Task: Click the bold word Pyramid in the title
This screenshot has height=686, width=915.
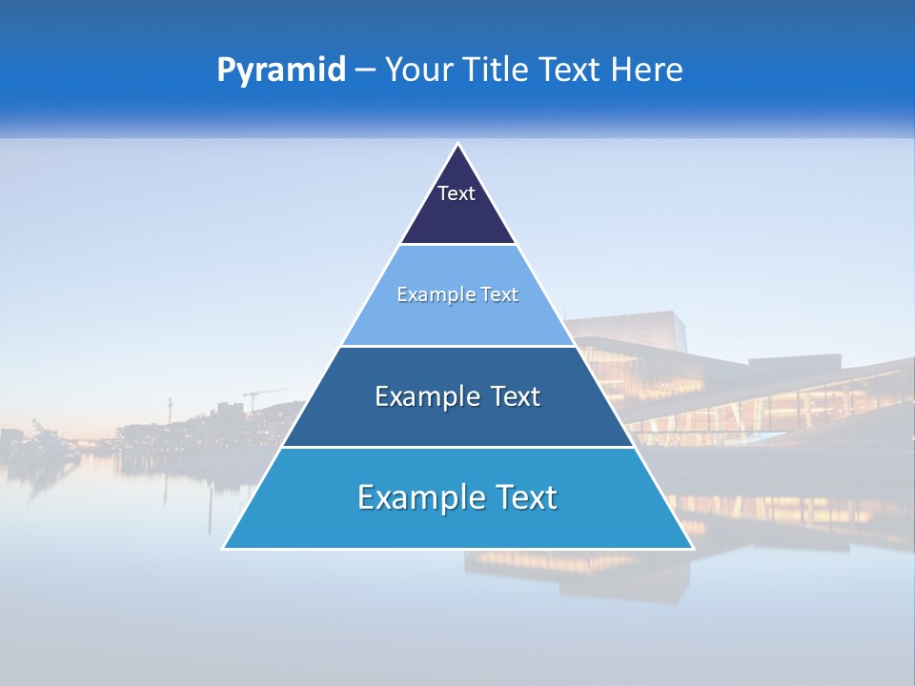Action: (x=281, y=71)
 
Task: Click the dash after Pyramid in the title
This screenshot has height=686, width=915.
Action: (x=365, y=71)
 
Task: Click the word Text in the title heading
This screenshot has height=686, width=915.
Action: (x=571, y=70)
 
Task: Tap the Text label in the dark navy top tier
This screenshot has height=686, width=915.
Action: (x=457, y=193)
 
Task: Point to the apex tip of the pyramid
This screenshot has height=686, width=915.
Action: (x=458, y=145)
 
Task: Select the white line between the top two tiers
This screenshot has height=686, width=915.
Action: (x=458, y=245)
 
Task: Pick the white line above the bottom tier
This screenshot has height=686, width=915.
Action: (x=458, y=447)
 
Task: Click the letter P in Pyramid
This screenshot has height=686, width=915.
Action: (x=226, y=70)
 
